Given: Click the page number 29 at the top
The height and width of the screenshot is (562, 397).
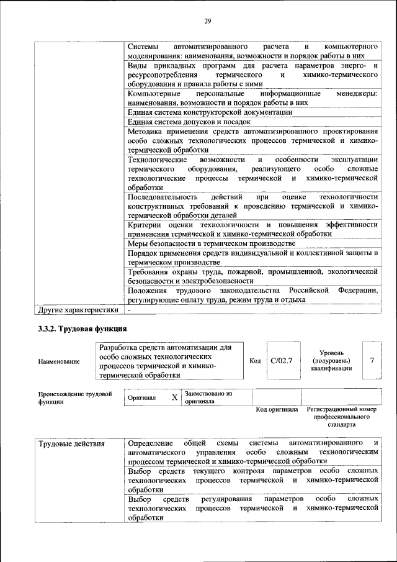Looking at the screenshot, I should (208, 22).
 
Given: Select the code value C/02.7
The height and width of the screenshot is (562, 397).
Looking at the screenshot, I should (281, 360).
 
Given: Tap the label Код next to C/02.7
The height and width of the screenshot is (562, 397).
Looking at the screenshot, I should (255, 360).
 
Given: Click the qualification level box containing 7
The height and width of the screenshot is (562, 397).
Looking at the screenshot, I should (372, 360).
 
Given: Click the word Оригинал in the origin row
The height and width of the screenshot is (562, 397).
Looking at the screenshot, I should (141, 397).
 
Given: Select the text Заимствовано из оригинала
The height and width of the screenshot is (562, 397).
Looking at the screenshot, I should (208, 397).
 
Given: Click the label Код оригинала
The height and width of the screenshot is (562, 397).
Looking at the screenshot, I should (277, 410).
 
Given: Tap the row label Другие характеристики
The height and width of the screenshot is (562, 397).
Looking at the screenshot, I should (78, 309).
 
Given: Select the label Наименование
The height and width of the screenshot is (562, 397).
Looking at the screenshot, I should (58, 361).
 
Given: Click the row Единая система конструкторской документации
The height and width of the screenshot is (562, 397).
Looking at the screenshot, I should (209, 112).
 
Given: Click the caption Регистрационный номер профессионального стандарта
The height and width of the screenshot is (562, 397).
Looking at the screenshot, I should (341, 417).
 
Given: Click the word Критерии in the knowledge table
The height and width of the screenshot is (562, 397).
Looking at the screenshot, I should (144, 224).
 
